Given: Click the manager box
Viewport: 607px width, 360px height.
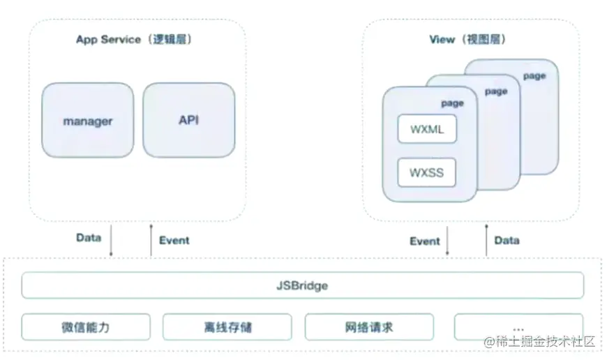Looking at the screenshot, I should pos(87,120).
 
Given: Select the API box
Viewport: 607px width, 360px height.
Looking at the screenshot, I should pos(188,120).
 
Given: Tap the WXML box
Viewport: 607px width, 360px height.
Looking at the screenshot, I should pos(427,129).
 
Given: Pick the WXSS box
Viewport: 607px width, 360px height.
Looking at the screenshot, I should pos(427,172).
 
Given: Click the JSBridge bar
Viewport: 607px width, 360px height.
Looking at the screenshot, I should pos(302,285).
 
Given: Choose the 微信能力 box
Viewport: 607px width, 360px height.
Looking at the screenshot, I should pos(86,327).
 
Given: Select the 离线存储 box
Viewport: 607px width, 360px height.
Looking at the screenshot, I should pos(227,327).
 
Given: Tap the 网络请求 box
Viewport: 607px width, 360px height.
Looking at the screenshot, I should pos(369,327).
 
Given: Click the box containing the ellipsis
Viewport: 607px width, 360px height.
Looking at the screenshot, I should pos(518,327).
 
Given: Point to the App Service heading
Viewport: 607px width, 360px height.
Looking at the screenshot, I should pos(134,39).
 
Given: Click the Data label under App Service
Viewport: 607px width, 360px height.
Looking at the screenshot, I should pos(89,238).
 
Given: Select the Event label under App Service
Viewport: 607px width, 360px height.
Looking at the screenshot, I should pos(174,241).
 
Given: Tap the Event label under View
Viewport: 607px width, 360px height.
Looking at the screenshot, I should pos(425,241).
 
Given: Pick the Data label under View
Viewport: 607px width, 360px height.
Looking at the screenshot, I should pos(507,240).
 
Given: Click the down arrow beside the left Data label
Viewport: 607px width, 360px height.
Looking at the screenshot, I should pos(111,241).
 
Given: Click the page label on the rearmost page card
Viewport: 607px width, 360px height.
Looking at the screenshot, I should pos(534,76).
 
